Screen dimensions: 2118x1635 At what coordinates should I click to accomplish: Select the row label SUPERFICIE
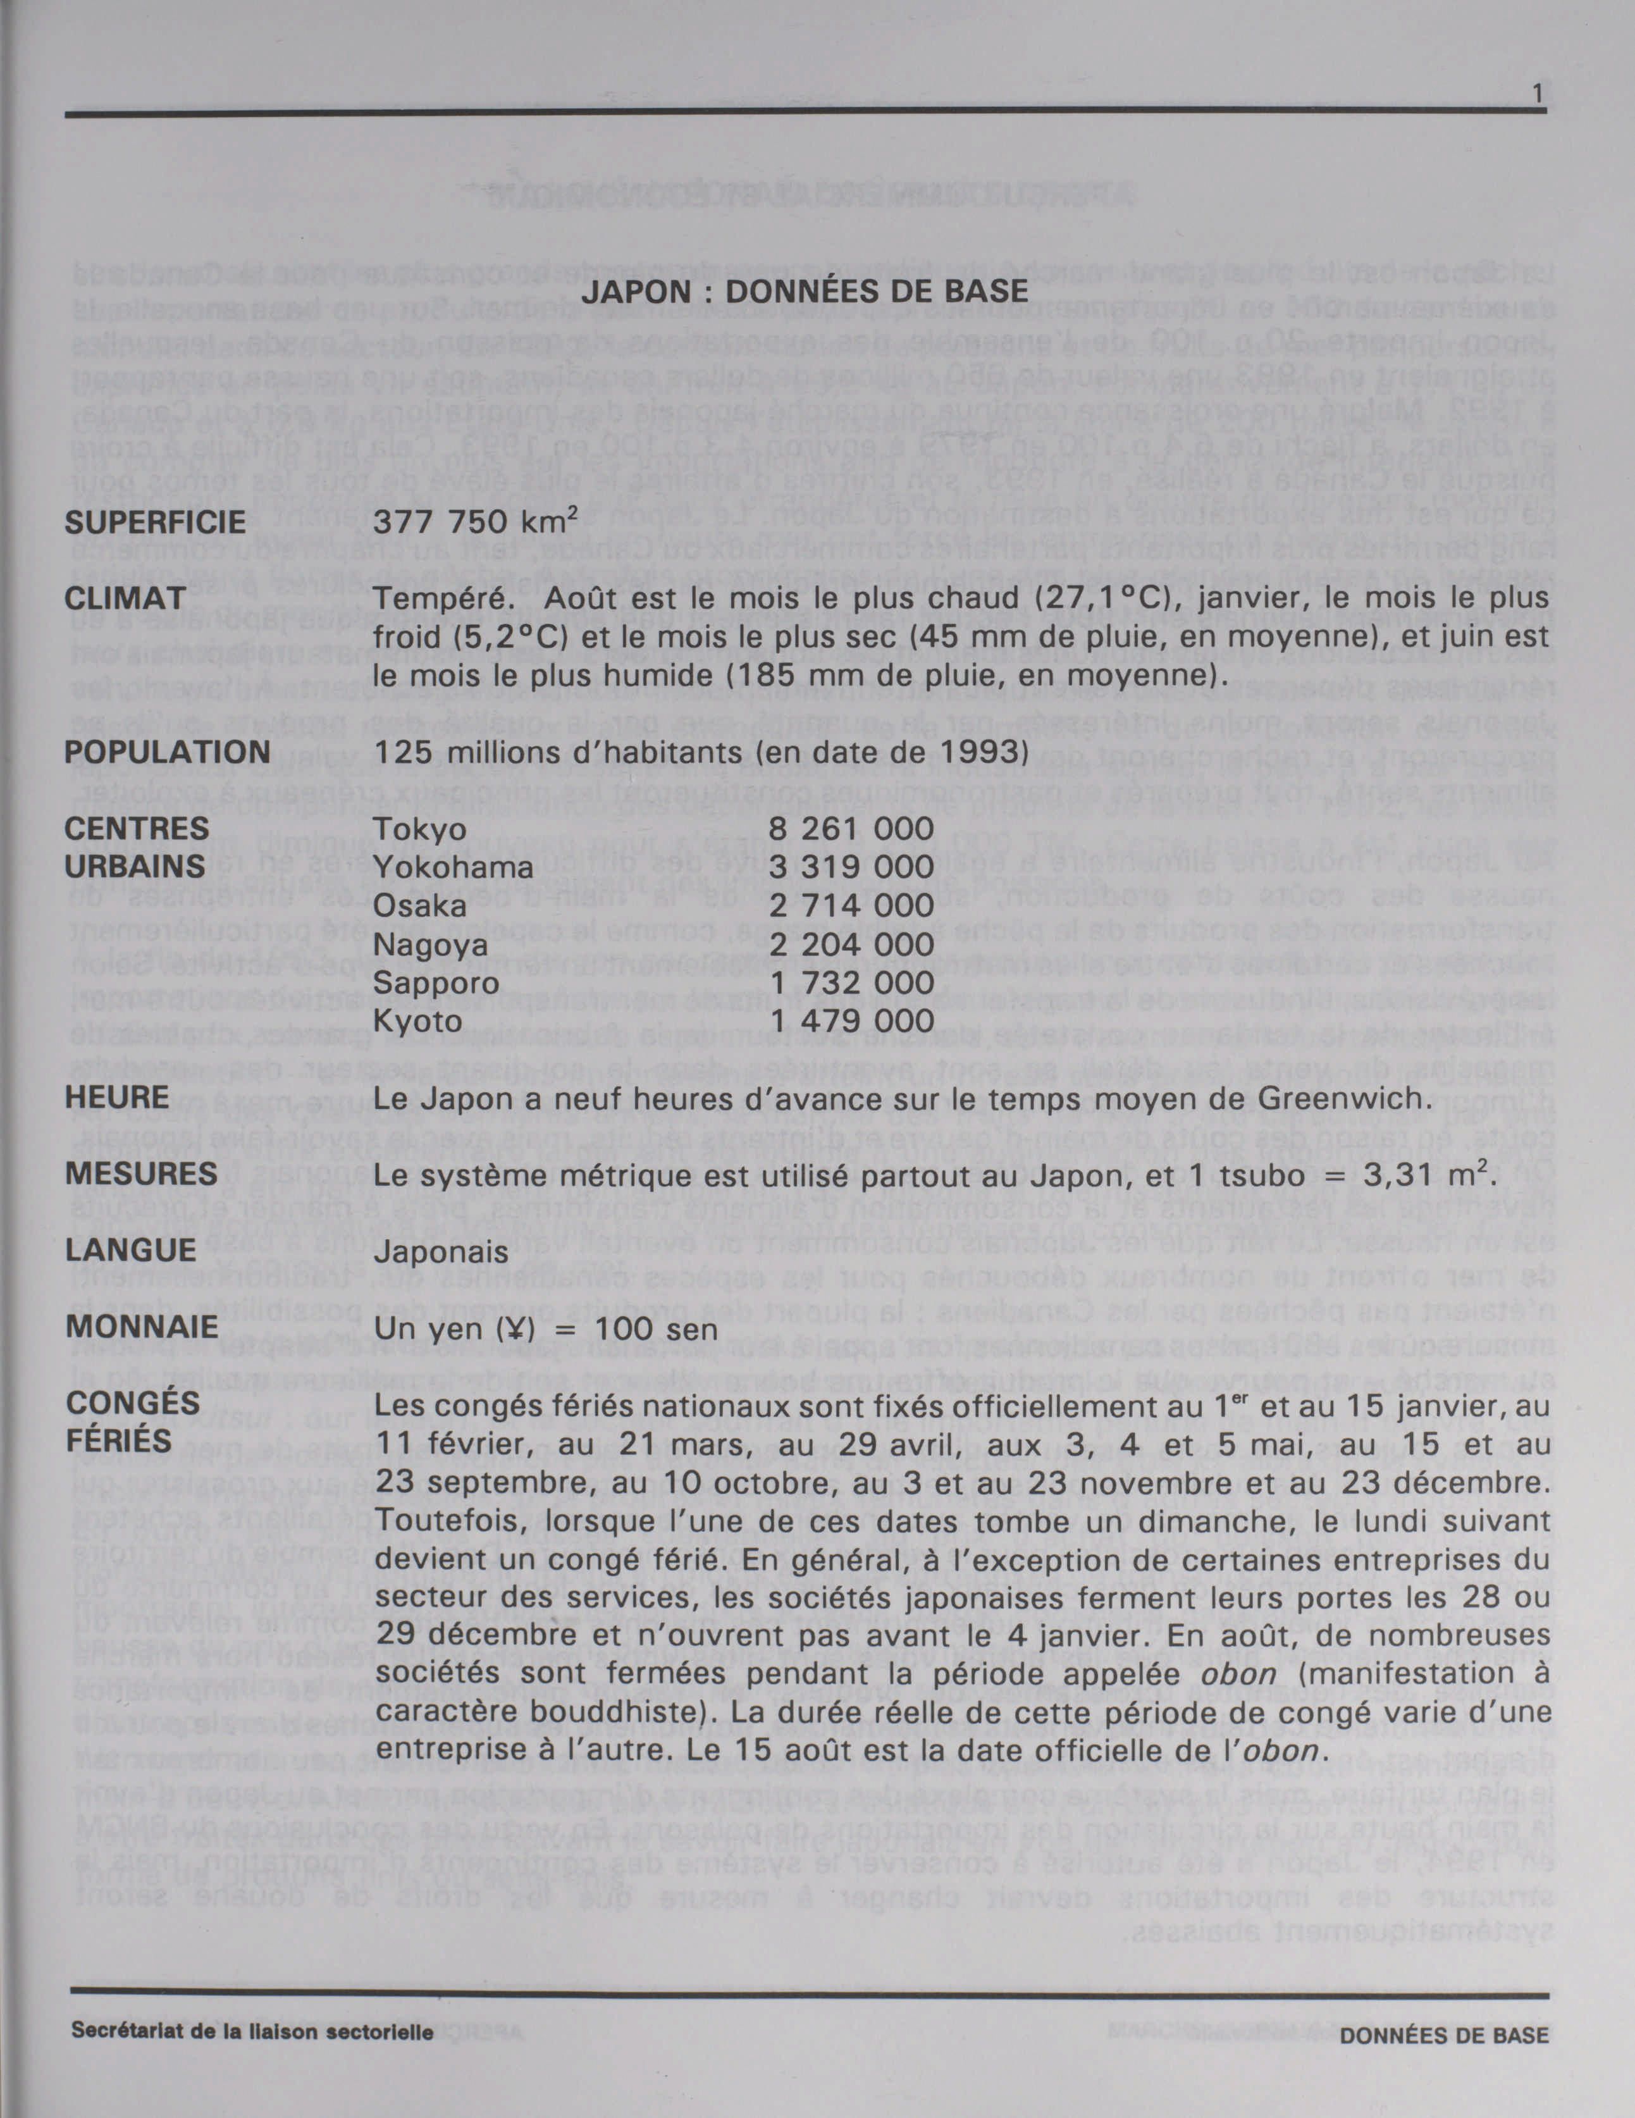[155, 523]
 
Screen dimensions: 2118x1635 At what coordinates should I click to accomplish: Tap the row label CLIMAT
[125, 598]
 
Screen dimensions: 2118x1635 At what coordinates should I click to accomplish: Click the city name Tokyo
[420, 829]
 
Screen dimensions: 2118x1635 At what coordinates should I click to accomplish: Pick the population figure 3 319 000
[851, 867]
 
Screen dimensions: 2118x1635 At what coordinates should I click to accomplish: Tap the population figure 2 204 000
[851, 944]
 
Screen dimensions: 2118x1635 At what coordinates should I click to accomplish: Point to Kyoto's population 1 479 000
[851, 1020]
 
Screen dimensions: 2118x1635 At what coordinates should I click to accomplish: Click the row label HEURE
[116, 1098]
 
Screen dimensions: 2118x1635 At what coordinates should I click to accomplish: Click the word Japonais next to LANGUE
[441, 1252]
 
